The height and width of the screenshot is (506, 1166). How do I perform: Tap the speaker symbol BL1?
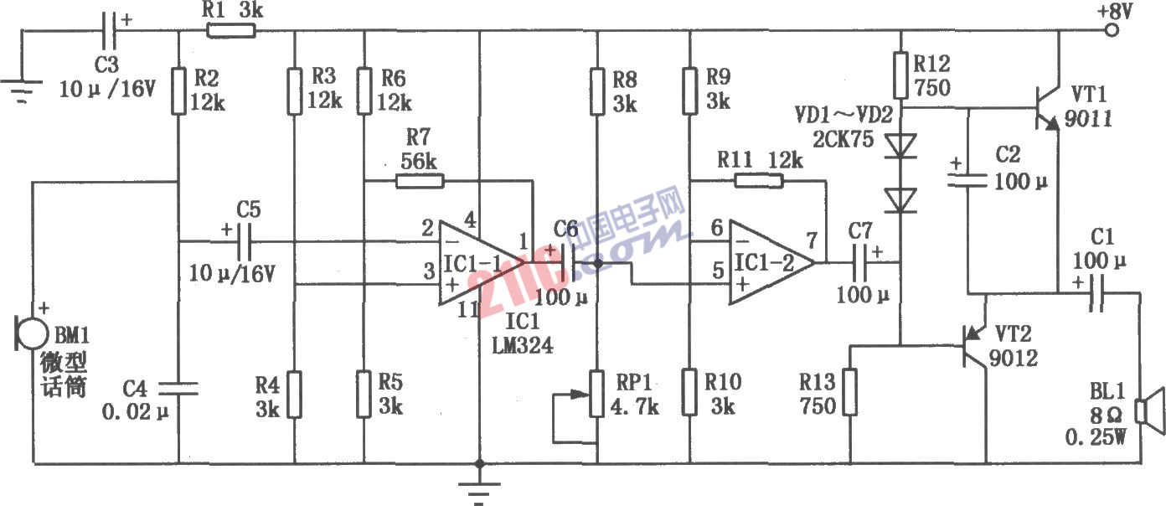[x=1147, y=411]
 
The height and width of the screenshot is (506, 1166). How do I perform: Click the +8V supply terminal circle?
[x=1112, y=31]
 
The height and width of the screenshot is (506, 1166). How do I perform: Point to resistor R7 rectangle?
[x=419, y=180]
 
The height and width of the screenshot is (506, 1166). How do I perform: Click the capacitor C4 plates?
[x=179, y=386]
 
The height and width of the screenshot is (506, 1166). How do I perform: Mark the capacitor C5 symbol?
[x=241, y=243]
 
